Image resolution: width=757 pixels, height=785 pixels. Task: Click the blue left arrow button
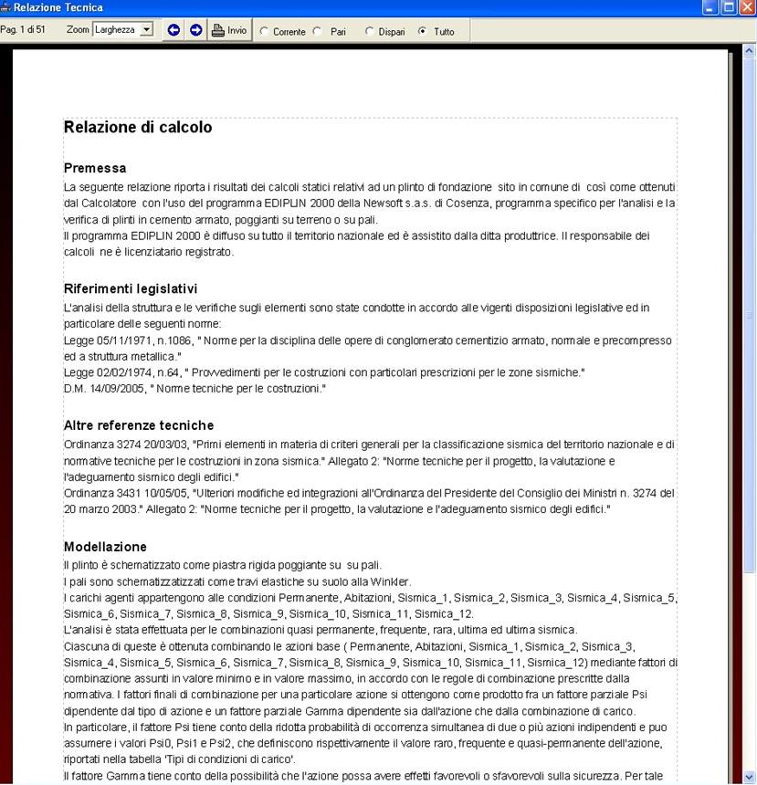174,30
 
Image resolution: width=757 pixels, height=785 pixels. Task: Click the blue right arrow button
195,30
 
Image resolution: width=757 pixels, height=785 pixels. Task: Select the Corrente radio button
265,31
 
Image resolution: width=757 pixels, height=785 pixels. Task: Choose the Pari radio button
318,31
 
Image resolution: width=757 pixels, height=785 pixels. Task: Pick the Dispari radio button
370,31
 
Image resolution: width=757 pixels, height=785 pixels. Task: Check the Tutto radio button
422,31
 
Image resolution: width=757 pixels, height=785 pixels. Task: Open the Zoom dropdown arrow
147,30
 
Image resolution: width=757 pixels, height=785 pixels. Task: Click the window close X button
747,7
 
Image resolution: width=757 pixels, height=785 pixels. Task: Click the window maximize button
729,7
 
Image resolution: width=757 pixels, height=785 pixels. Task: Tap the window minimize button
710,7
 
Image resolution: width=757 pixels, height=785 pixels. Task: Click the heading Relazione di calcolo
138,128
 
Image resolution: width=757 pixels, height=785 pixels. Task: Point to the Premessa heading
95,168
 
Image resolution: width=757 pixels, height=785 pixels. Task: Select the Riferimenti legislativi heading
131,288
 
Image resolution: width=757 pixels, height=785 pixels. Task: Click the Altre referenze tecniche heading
139,425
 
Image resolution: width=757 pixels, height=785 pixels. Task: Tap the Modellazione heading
105,547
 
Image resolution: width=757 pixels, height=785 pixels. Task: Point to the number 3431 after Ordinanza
125,493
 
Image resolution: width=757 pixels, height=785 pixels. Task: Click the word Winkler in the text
391,581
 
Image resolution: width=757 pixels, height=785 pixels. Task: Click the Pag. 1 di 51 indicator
24,30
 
